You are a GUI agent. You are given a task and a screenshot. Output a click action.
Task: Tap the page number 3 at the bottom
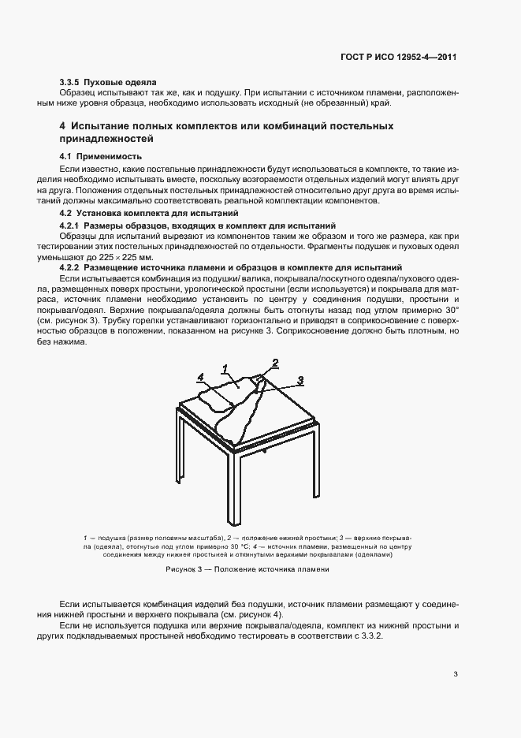tap(456, 673)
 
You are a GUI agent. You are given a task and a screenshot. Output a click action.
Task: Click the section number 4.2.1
tap(73, 225)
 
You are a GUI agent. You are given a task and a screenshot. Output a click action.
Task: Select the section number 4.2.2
tap(73, 268)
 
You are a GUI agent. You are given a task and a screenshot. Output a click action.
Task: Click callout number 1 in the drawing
tap(225, 368)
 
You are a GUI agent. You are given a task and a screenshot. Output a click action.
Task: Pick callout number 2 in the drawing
tap(275, 363)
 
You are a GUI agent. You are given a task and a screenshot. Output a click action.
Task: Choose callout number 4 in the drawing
tap(201, 378)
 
